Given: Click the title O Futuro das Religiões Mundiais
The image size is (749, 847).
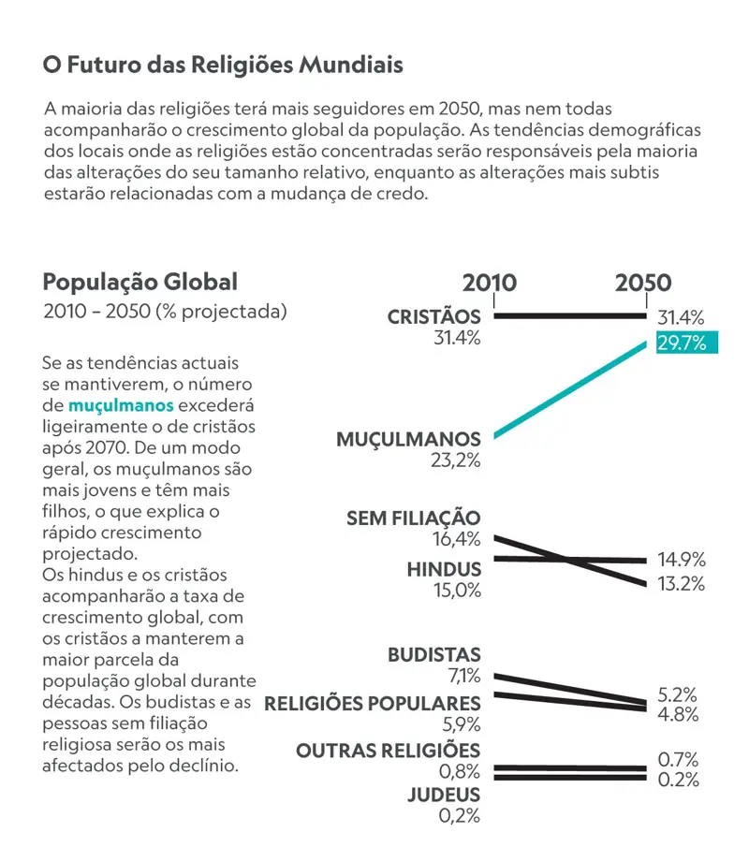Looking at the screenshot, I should (x=223, y=66).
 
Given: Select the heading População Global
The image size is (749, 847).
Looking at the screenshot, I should (x=140, y=282).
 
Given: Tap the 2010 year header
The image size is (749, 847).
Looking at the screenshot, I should (x=489, y=284).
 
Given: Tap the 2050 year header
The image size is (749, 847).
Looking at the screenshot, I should (x=643, y=284).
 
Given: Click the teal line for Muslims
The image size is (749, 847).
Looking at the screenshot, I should (x=569, y=390).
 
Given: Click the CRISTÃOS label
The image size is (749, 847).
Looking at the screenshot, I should (x=433, y=317).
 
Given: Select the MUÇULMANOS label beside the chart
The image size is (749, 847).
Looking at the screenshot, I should (x=408, y=439).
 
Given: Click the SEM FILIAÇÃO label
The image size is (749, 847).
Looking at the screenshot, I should (x=413, y=518).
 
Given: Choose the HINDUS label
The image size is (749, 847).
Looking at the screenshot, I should (x=444, y=569).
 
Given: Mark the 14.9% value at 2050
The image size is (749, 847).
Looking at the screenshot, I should (x=681, y=561).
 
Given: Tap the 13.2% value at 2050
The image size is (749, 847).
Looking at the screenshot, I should (x=681, y=585).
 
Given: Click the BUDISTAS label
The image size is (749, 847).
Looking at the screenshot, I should (x=433, y=655).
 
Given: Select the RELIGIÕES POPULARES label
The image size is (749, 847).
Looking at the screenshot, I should (x=373, y=703).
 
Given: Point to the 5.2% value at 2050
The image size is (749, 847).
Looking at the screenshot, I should (x=678, y=695).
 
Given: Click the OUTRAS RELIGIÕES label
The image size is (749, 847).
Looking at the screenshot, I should (x=388, y=751).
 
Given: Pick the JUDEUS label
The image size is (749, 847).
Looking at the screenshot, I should (x=443, y=795).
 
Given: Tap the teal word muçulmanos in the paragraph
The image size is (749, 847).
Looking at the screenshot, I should (x=121, y=406).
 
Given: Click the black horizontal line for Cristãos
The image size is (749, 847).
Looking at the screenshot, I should (x=569, y=316).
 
